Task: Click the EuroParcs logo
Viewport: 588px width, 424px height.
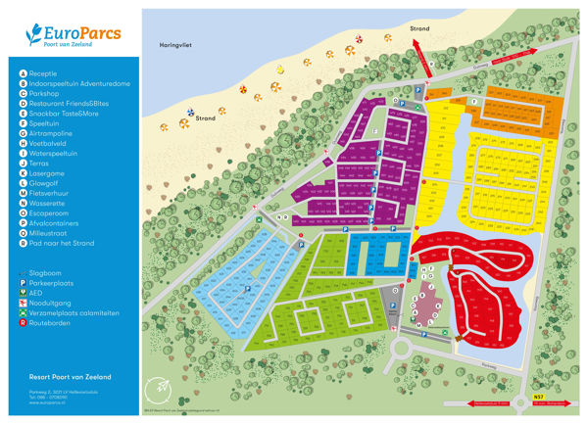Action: (73, 36)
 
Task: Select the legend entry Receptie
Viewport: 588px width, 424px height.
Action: (43, 73)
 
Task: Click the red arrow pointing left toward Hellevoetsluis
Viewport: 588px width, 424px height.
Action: (490, 400)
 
